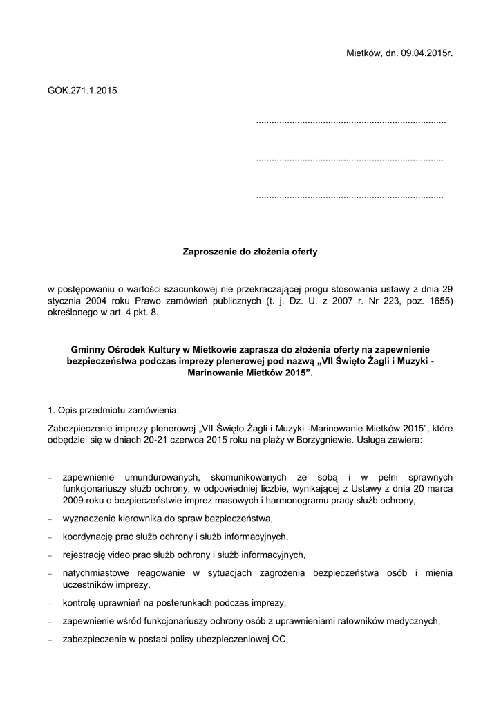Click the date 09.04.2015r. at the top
(425, 53)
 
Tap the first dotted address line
(350, 122)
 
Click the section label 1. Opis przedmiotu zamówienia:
(113, 408)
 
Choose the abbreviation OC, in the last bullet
(281, 640)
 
